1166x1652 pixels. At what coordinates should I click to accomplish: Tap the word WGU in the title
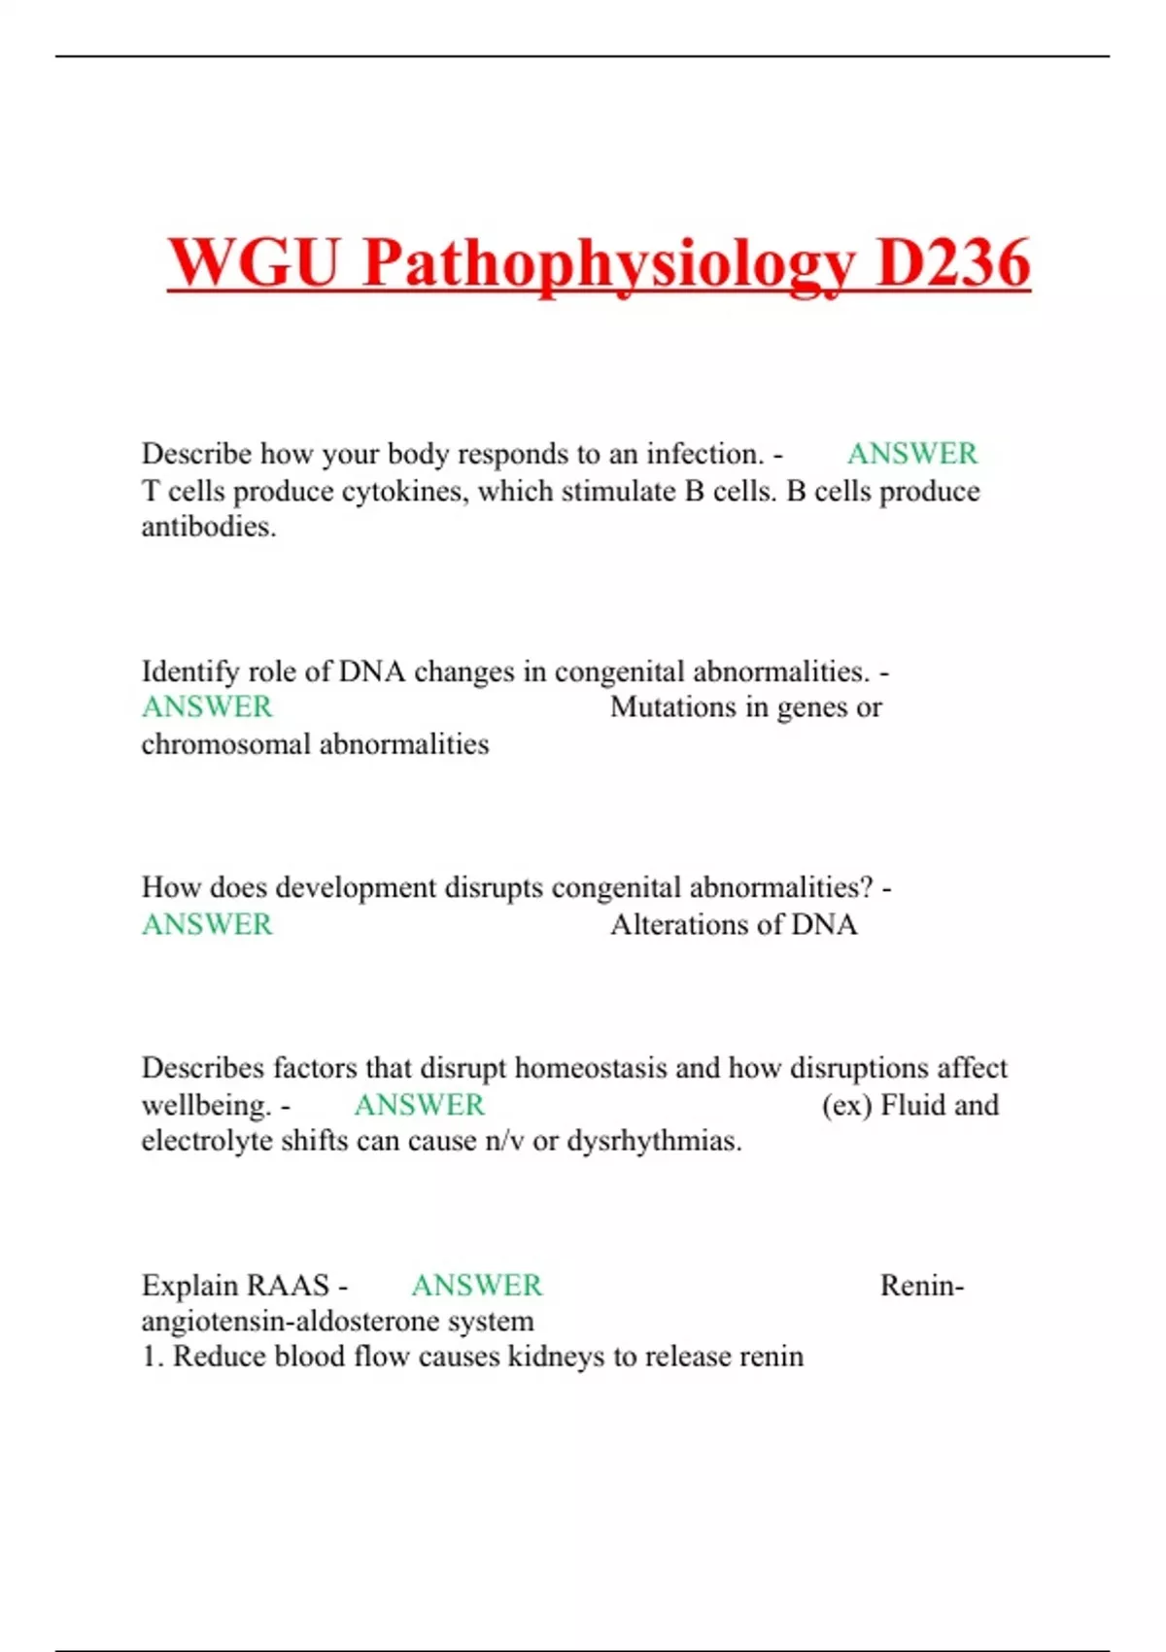(255, 263)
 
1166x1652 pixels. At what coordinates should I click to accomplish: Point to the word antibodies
(208, 527)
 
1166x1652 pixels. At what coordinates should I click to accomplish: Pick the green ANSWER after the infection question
(911, 454)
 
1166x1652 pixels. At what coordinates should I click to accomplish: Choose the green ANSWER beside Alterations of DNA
(207, 924)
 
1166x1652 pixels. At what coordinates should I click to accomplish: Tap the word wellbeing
(206, 1106)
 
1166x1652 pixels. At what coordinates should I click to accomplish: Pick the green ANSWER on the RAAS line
(476, 1286)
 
